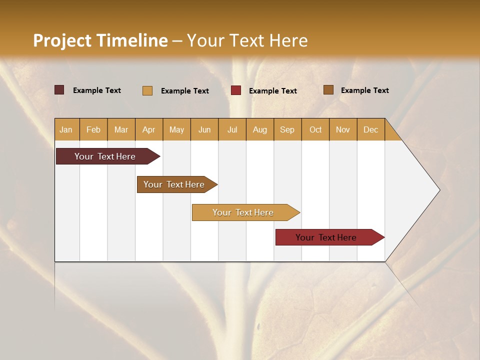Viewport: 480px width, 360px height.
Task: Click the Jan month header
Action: (x=66, y=129)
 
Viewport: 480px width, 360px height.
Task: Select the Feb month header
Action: (x=93, y=129)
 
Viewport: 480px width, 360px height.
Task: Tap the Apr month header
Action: (x=148, y=129)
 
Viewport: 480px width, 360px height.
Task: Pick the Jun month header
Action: (x=204, y=129)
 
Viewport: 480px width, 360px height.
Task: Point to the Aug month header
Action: (x=259, y=129)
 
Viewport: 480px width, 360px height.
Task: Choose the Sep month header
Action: (x=287, y=129)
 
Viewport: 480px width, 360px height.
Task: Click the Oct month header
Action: (x=315, y=129)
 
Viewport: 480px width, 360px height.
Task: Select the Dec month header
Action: (x=370, y=129)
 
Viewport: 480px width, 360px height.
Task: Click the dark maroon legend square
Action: (x=59, y=90)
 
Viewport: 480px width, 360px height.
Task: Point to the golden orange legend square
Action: (x=147, y=90)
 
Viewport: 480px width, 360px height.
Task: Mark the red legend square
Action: (x=236, y=90)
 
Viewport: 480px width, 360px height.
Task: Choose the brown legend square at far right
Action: (x=328, y=90)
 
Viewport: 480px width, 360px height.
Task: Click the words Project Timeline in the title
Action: (x=100, y=40)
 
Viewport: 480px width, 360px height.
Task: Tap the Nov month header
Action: (x=343, y=129)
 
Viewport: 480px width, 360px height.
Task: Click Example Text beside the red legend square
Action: (x=272, y=91)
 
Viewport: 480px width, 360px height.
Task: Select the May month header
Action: (x=176, y=129)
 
